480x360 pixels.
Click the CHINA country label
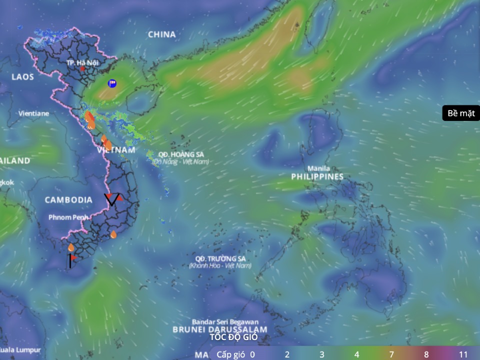pyautogui.click(x=162, y=34)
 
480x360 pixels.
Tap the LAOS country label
pyautogui.click(x=23, y=76)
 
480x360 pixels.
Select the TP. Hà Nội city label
pyautogui.click(x=83, y=62)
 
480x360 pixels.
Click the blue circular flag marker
pyautogui.click(x=112, y=83)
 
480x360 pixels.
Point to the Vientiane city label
pyautogui.click(x=34, y=113)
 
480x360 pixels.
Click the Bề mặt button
pyautogui.click(x=460, y=113)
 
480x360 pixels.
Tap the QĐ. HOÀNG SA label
pyautogui.click(x=180, y=154)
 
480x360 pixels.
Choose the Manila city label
pyautogui.click(x=318, y=168)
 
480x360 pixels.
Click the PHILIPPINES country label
pyautogui.click(x=318, y=176)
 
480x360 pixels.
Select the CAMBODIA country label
pyautogui.click(x=68, y=200)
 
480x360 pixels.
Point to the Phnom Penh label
pyautogui.click(x=68, y=217)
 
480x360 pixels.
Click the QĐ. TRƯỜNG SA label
pyautogui.click(x=220, y=258)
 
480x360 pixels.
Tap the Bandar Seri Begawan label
pyautogui.click(x=225, y=322)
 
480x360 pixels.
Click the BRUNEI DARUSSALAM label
pyautogui.click(x=220, y=330)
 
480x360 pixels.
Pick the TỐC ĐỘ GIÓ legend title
pyautogui.click(x=233, y=337)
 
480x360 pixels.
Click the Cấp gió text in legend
pyautogui.click(x=230, y=354)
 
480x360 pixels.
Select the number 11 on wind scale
pyautogui.click(x=463, y=354)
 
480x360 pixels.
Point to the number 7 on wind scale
pyautogui.click(x=392, y=354)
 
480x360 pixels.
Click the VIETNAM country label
pyautogui.click(x=116, y=150)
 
